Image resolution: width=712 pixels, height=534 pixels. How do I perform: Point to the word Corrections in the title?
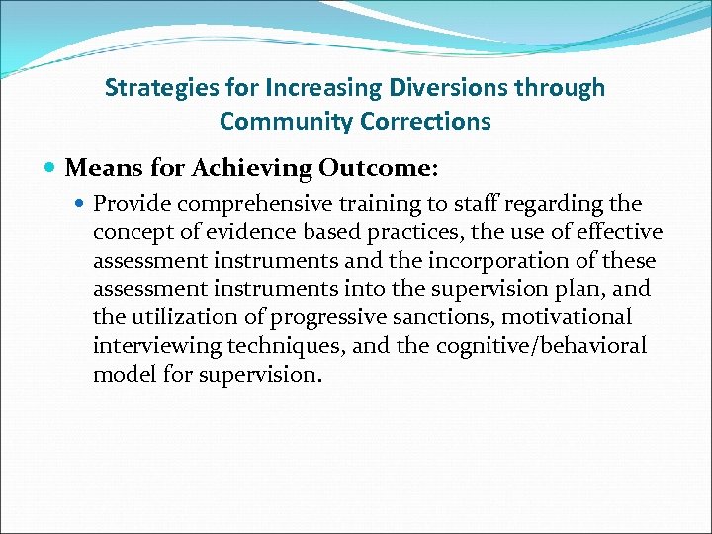pos(431,122)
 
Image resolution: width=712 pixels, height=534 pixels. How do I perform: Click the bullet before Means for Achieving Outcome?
pos(50,169)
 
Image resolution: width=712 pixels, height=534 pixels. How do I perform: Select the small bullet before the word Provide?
pos(80,204)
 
